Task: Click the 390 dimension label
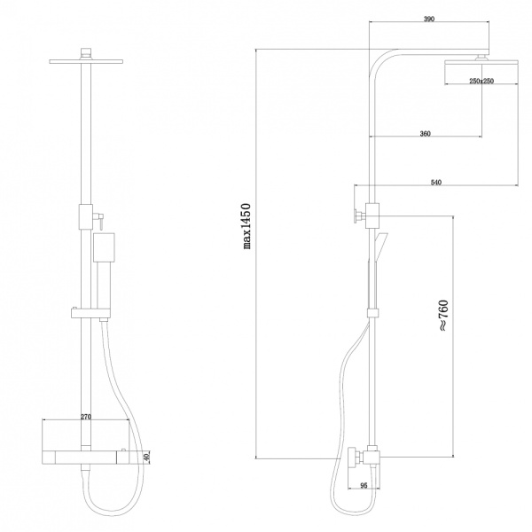tap(429, 19)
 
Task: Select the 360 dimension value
tap(425, 134)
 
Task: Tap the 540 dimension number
tap(436, 183)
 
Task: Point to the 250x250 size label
tap(481, 81)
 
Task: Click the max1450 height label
tap(246, 226)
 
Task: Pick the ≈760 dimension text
tap(443, 316)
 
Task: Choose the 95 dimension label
tap(364, 486)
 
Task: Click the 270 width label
tap(86, 417)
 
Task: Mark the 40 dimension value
tap(146, 458)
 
